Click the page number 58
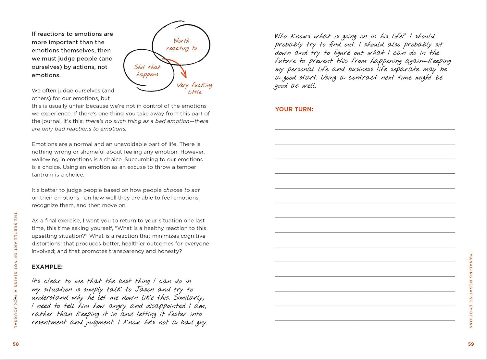(16, 344)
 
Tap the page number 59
(471, 344)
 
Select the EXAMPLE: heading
(47, 267)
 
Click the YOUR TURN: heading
(294, 109)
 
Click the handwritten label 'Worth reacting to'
(181, 44)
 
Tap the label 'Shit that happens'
(147, 71)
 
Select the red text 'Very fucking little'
(194, 88)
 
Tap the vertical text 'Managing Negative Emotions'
(471, 291)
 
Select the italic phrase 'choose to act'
(181, 190)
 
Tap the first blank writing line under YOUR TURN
(365, 129)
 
